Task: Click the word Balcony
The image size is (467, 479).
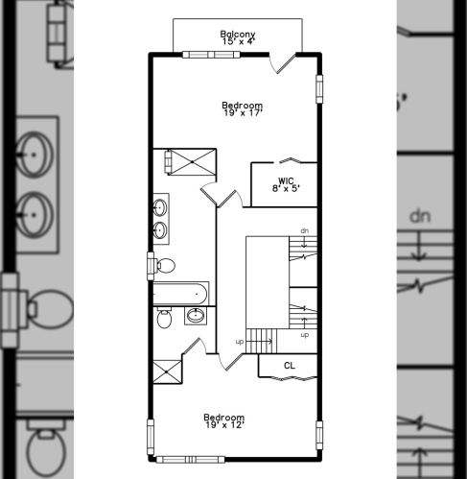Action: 238,34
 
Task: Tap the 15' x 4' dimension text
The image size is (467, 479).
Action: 238,41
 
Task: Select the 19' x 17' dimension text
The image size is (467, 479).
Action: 243,113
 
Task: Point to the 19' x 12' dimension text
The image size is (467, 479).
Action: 225,425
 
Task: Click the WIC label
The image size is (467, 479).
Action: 286,181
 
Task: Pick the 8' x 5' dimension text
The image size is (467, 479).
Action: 286,188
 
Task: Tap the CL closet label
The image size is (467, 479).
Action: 290,366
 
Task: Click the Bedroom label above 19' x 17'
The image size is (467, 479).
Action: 243,106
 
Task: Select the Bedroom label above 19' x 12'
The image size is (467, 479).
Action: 224,418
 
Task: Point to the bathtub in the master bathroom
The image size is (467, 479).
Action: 180,294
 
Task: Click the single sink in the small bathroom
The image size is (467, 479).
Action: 196,316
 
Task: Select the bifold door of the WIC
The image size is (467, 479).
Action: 291,160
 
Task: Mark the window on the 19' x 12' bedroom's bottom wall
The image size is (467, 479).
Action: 190,460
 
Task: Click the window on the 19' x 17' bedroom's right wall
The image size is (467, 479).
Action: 319,89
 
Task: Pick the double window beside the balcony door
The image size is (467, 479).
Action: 211,55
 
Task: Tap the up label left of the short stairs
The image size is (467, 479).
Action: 240,342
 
